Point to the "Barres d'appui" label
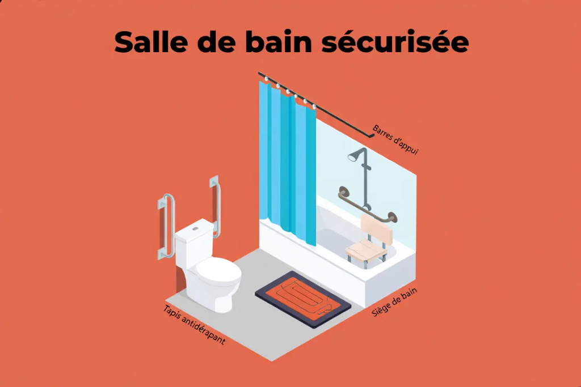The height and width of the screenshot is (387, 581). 395,139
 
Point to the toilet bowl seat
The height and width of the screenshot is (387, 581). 218,271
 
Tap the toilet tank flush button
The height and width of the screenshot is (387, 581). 195,228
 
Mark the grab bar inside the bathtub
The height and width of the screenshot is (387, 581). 366,207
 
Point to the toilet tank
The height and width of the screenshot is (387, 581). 193,244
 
